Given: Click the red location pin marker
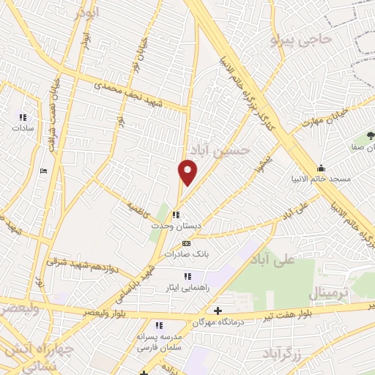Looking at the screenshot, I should pyautogui.click(x=188, y=171).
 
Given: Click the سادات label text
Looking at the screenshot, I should pyautogui.click(x=23, y=127).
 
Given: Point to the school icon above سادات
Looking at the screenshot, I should pyautogui.click(x=23, y=116).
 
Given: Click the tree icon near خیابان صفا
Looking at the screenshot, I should pyautogui.click(x=371, y=135).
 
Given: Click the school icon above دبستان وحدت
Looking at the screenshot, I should pyautogui.click(x=175, y=215).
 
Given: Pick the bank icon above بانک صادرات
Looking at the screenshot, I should pyautogui.click(x=186, y=243).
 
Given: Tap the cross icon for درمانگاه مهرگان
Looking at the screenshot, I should pyautogui.click(x=218, y=311).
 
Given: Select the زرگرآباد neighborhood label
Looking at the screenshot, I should pyautogui.click(x=282, y=353).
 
